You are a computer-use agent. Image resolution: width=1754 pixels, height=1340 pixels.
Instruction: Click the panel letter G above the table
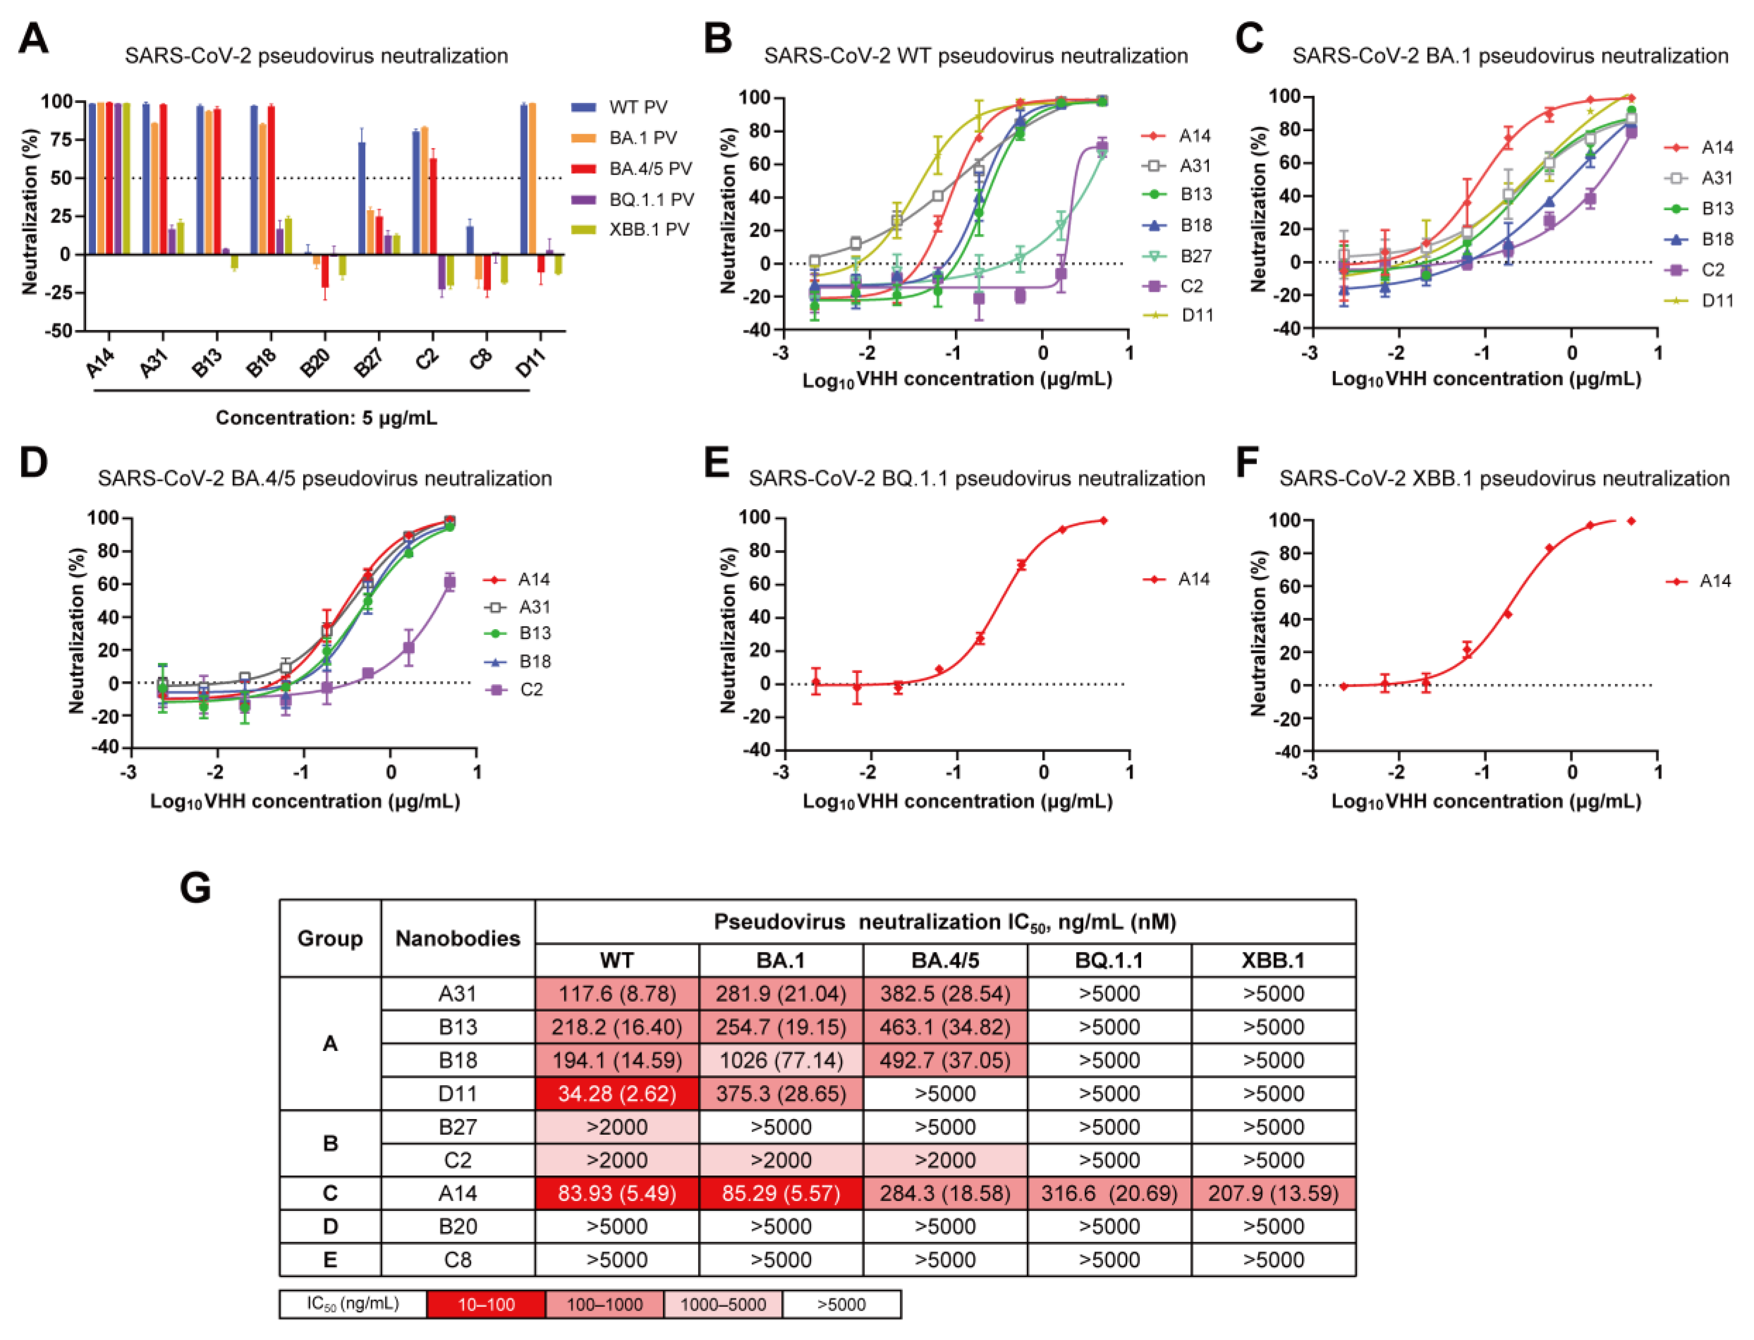(196, 888)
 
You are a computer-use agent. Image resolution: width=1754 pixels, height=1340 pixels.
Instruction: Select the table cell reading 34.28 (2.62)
(617, 1093)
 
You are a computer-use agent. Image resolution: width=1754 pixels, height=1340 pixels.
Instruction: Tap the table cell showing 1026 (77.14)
(781, 1060)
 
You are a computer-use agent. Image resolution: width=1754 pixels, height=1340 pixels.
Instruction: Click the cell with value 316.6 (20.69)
(1109, 1193)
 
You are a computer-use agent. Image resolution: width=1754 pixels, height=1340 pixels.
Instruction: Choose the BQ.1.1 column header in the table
(1109, 960)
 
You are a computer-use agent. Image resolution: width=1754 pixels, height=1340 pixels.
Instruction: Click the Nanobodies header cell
(458, 938)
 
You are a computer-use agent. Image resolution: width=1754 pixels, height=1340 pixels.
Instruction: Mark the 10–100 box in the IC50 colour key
(486, 1304)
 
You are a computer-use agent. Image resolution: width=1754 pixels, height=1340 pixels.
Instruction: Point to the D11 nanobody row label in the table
(458, 1093)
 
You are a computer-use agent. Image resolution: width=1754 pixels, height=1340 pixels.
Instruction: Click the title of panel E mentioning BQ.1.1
(976, 479)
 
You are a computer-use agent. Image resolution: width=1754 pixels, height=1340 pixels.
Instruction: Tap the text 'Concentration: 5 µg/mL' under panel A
(326, 418)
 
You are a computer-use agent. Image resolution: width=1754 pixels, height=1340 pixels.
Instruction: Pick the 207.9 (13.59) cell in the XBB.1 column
(1273, 1193)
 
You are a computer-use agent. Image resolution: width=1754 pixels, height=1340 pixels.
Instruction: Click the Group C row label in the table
(329, 1193)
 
